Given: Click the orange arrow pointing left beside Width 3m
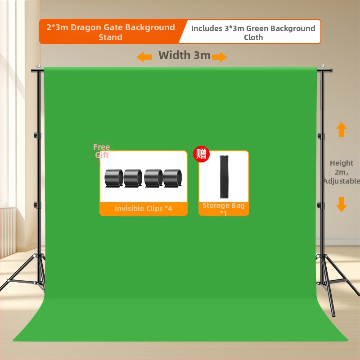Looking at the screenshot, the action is click(144, 57).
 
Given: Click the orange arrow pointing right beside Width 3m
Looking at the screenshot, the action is click(220, 57).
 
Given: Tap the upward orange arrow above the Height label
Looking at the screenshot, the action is click(342, 129).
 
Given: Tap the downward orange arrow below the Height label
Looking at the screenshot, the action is click(342, 204).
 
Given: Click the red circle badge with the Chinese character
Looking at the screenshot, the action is click(201, 154).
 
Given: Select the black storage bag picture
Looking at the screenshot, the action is click(224, 176).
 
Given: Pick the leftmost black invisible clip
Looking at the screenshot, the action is click(114, 178).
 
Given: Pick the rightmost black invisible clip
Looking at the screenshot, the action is click(172, 178).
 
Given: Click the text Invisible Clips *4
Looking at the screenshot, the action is click(143, 208).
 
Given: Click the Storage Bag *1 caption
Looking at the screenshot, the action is click(224, 209).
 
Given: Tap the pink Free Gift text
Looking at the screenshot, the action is click(102, 151).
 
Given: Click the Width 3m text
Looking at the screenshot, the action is click(184, 55).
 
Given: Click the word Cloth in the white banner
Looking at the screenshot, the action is click(253, 37).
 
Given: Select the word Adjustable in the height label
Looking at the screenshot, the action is click(342, 181).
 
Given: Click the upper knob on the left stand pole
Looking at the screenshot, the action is click(36, 135).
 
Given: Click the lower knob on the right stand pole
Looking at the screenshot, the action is click(319, 205).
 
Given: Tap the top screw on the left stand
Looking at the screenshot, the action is click(39, 66).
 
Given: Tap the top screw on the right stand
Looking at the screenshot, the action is click(322, 66).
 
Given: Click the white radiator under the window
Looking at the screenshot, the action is click(8, 232).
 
